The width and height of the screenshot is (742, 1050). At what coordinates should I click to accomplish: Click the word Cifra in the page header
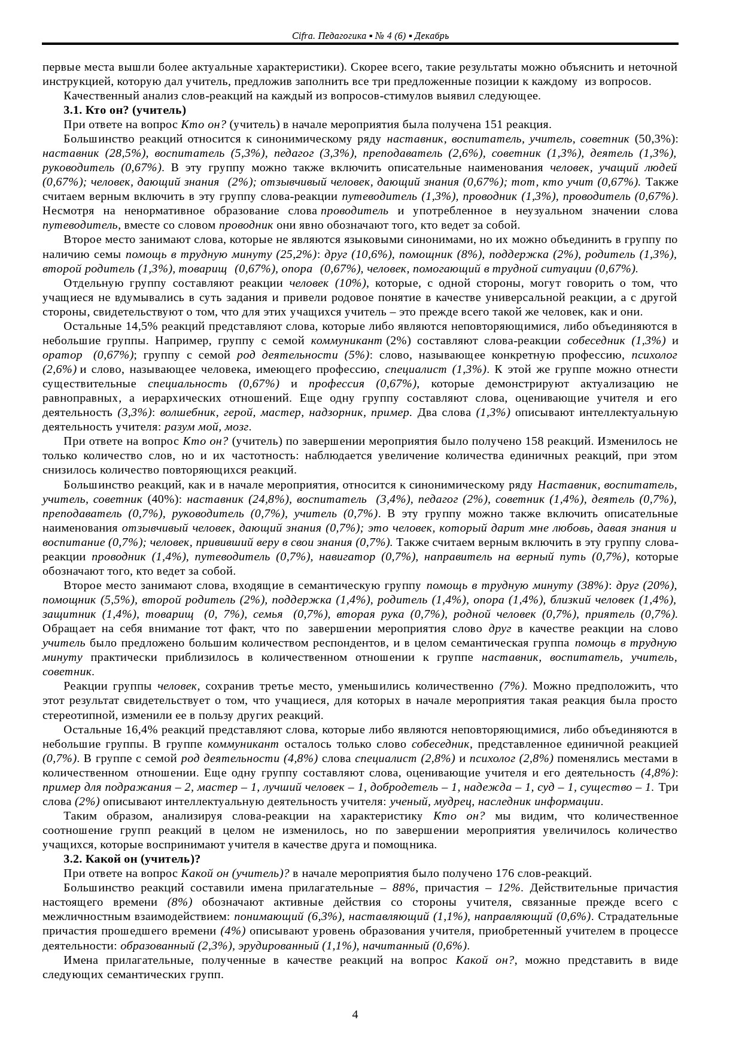coord(301,36)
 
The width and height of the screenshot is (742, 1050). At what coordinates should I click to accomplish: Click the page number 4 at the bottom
coord(355,1014)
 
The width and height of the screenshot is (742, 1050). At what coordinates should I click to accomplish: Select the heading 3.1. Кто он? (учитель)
coord(124,110)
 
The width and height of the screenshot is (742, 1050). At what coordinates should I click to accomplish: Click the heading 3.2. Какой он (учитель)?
coord(132,859)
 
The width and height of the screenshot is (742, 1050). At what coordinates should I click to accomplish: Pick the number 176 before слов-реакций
coord(504,873)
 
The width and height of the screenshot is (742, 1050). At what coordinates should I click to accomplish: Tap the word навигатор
coord(348,557)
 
